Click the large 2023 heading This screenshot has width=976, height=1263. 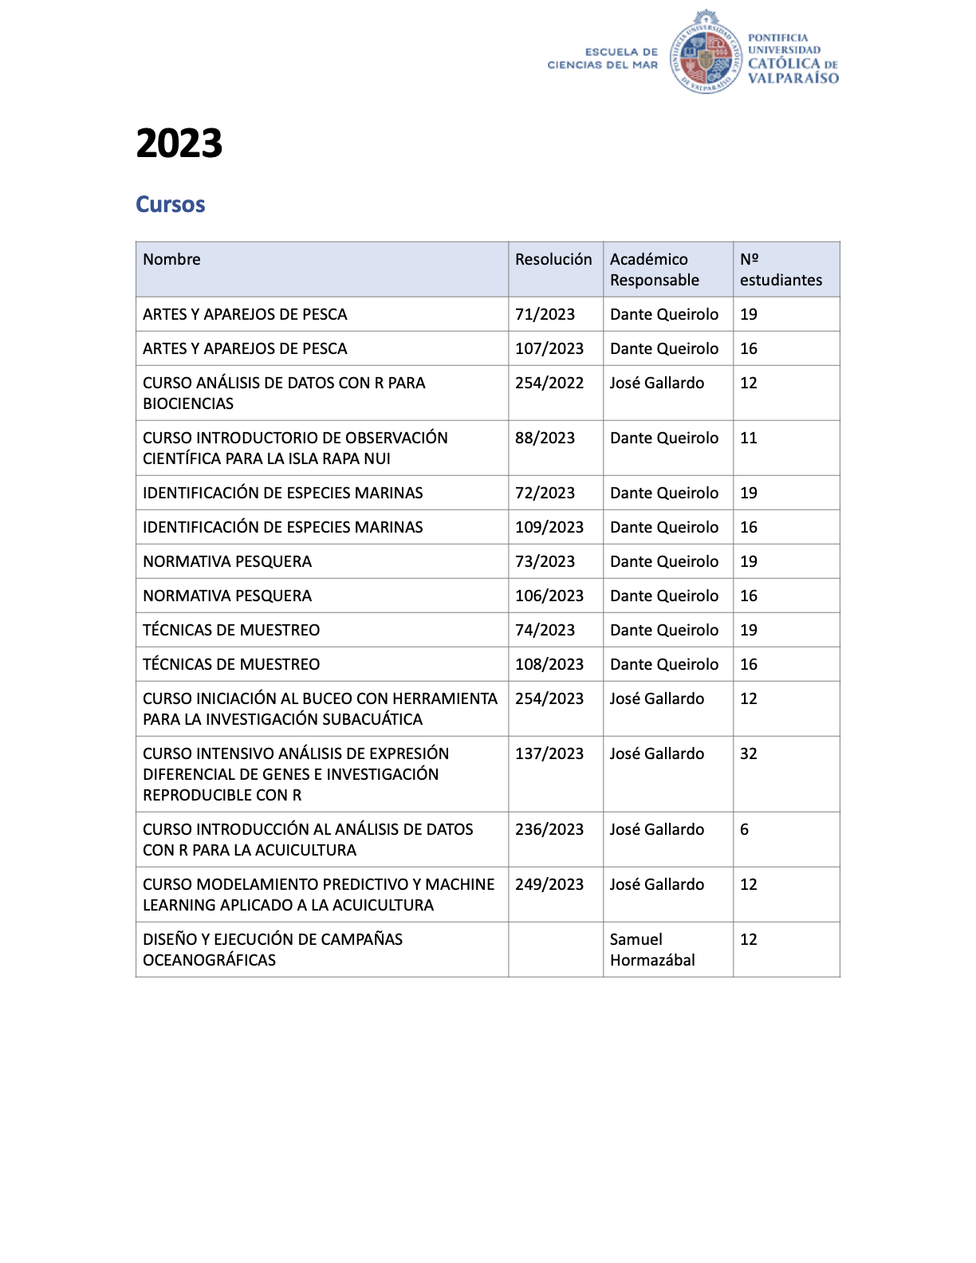[x=179, y=144]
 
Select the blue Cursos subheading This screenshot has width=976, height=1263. [x=170, y=204]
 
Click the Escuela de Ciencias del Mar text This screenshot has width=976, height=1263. [x=603, y=58]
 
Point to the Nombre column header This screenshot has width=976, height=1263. [x=171, y=259]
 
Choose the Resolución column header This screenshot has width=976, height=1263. [x=553, y=259]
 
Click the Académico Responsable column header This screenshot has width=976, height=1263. [x=655, y=270]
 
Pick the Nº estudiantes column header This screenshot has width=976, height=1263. [x=780, y=270]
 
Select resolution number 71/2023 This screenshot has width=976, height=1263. [x=545, y=314]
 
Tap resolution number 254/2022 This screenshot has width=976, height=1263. [x=549, y=383]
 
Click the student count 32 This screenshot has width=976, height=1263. [x=748, y=753]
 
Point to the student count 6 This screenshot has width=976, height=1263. [x=744, y=829]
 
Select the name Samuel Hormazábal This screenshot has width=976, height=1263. [x=652, y=950]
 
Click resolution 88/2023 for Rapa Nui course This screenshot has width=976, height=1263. [x=545, y=438]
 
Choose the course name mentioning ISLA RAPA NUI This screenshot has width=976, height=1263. [x=295, y=448]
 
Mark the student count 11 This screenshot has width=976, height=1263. [x=748, y=438]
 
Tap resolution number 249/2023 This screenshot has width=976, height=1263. [x=549, y=884]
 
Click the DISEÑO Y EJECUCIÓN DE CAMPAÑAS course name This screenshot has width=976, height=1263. [x=273, y=950]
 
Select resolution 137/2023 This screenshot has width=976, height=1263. [x=549, y=753]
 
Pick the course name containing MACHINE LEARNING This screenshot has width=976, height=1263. [x=318, y=895]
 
